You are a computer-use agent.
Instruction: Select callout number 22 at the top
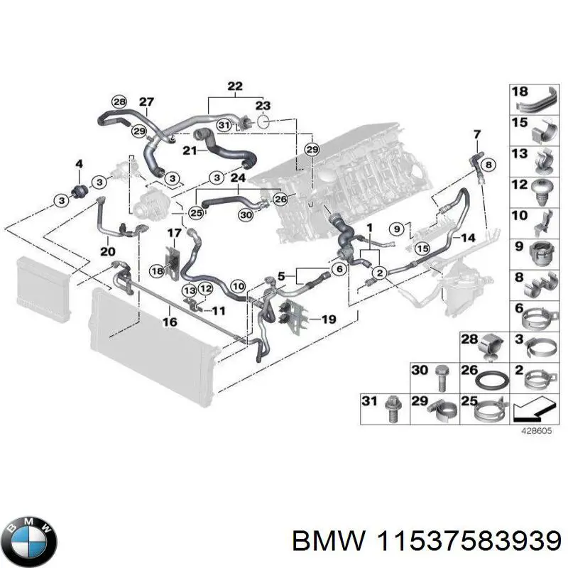pyautogui.click(x=234, y=87)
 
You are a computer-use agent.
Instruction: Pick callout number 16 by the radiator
pyautogui.click(x=170, y=321)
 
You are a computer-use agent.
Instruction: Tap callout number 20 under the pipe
pyautogui.click(x=108, y=250)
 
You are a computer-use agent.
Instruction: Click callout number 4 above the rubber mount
pyautogui.click(x=79, y=165)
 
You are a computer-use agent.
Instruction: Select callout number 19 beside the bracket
pyautogui.click(x=327, y=320)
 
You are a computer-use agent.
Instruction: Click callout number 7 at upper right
pyautogui.click(x=476, y=134)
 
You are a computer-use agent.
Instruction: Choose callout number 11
pyautogui.click(x=219, y=310)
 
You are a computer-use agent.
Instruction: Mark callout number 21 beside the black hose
pyautogui.click(x=189, y=151)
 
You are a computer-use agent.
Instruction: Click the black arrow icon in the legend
pyautogui.click(x=531, y=410)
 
